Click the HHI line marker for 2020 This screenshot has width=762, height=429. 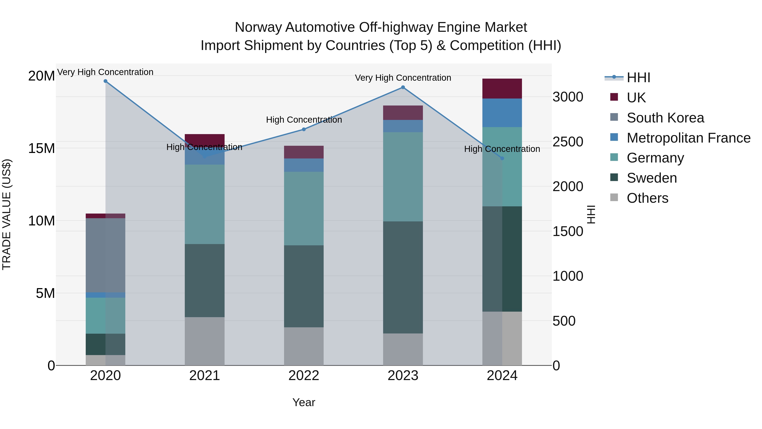click(105, 81)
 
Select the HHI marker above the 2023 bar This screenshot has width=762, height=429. click(403, 87)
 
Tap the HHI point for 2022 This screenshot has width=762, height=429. click(304, 129)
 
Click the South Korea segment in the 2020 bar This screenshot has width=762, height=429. click(105, 255)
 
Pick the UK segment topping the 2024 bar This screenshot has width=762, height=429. click(502, 89)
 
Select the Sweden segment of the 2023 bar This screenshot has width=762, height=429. click(403, 277)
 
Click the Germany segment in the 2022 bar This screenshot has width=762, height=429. click(304, 208)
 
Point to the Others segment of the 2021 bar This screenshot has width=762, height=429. click(204, 341)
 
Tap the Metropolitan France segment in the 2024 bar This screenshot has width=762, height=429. click(502, 113)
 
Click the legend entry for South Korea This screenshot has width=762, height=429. click(665, 118)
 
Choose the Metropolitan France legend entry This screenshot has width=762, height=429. click(688, 138)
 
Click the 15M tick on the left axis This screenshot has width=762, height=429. click(41, 148)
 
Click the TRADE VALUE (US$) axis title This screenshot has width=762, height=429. click(7, 214)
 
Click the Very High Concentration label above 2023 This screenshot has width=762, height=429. click(403, 78)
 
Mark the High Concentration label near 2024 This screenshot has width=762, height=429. click(502, 149)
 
